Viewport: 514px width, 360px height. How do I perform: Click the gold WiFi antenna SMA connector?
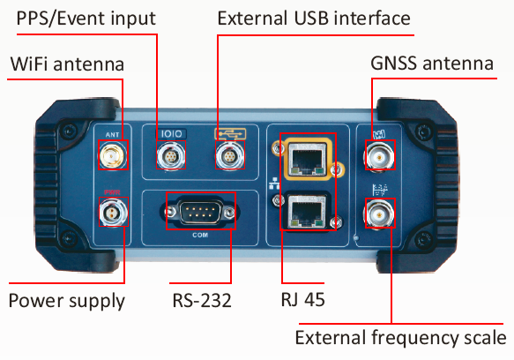[113, 155]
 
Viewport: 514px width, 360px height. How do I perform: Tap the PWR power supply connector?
[113, 212]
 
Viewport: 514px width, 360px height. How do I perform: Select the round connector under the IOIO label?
[171, 155]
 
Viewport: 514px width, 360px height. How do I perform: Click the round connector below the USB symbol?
[230, 155]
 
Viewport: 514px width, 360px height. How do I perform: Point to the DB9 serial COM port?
[200, 212]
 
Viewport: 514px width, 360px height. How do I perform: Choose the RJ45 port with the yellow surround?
[307, 159]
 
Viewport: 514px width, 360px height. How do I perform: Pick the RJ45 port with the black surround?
[307, 210]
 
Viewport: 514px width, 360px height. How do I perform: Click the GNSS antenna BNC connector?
[380, 156]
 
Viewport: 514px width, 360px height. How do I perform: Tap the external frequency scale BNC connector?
[380, 214]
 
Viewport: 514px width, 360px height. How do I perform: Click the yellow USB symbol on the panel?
[230, 134]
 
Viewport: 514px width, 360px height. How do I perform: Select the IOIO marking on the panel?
[171, 134]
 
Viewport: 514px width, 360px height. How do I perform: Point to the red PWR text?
[112, 192]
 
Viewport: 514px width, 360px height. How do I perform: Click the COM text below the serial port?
[200, 235]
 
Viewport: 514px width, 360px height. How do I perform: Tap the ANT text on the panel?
[113, 135]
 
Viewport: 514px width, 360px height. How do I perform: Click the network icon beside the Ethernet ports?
[274, 184]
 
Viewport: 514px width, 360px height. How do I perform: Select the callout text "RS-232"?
[202, 300]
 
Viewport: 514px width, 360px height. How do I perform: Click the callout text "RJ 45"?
[303, 299]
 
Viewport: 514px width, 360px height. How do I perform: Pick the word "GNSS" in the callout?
[395, 64]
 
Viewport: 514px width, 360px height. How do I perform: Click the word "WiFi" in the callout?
[30, 64]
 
